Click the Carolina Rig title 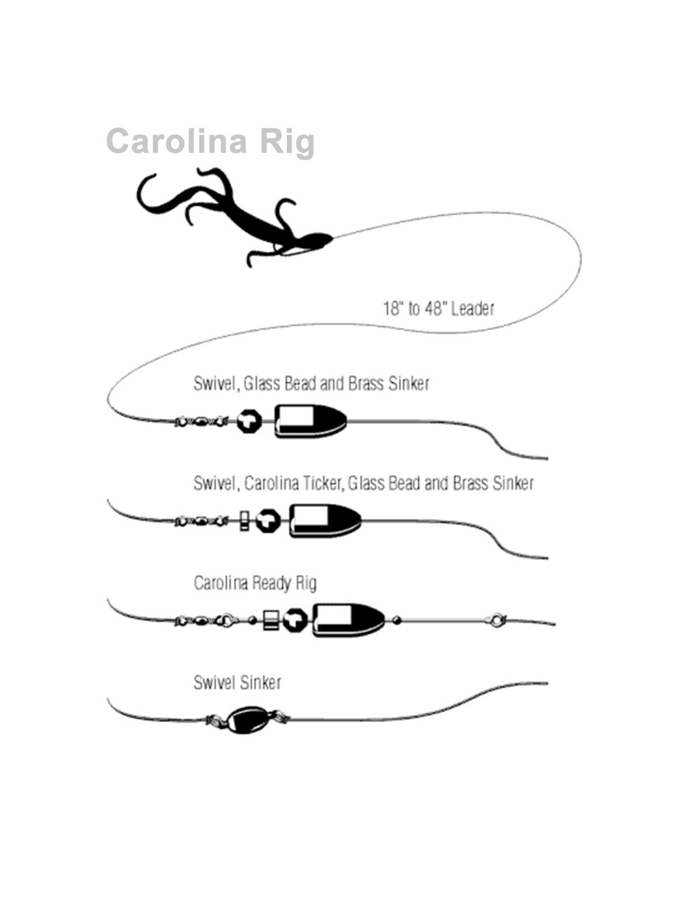click(210, 142)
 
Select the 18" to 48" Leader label click(438, 309)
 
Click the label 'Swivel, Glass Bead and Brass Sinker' click(311, 384)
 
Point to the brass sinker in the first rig click(310, 421)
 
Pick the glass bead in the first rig click(250, 421)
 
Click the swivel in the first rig click(201, 421)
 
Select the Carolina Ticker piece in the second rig click(244, 521)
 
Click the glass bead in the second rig click(268, 521)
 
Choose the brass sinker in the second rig click(325, 521)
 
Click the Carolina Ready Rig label click(255, 583)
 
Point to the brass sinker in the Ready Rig click(349, 620)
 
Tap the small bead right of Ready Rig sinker click(397, 620)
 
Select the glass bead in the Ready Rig click(296, 620)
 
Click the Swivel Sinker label click(237, 683)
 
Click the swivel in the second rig click(201, 521)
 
